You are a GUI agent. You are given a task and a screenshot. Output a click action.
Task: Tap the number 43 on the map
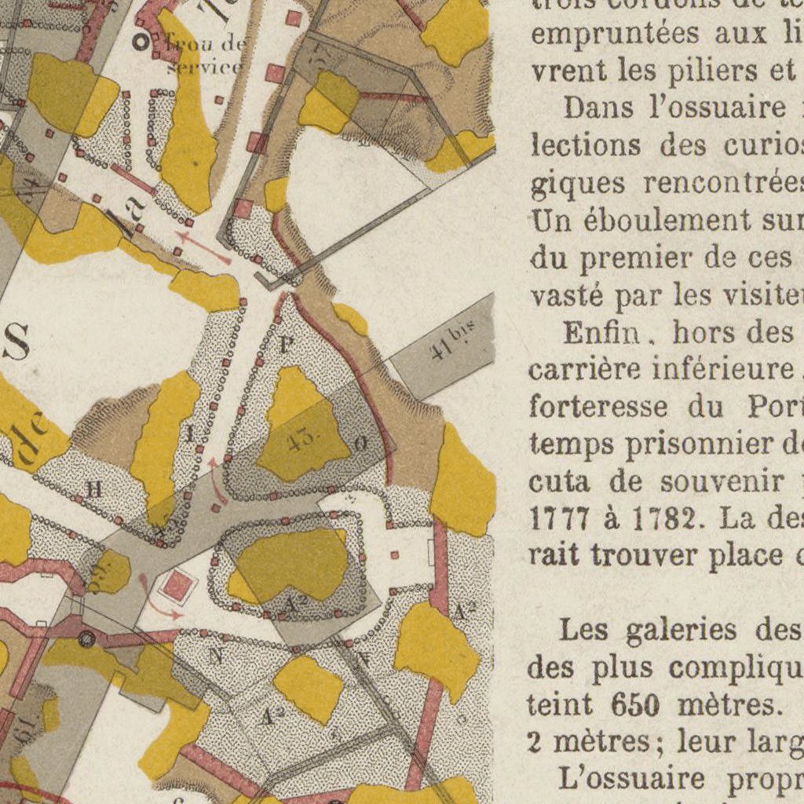tap(303, 440)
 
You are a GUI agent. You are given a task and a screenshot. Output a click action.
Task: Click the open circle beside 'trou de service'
tap(141, 42)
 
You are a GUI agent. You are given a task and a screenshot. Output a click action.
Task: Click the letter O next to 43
tap(360, 444)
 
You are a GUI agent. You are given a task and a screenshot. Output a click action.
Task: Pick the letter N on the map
tap(215, 655)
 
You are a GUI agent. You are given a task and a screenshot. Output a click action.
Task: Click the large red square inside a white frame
tap(178, 586)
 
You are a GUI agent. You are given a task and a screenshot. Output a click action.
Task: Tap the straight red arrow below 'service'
tap(203, 247)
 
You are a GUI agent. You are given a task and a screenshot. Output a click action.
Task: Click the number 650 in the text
tap(634, 705)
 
